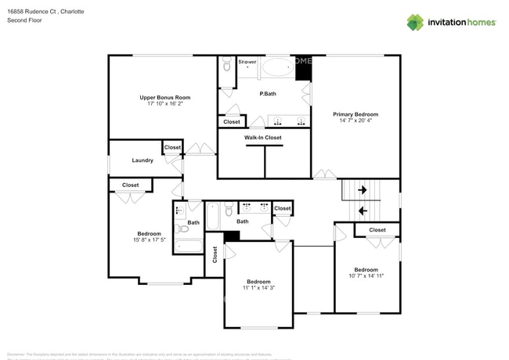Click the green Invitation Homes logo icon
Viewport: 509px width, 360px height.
414,22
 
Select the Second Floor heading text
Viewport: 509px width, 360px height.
24,20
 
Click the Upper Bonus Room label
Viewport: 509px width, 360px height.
164,98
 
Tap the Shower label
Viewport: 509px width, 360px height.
247,61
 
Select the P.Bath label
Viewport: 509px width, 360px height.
268,94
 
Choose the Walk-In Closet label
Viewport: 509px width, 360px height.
263,138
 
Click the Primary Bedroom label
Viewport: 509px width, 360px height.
356,114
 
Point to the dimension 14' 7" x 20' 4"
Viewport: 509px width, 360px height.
356,121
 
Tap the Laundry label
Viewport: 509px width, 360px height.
143,160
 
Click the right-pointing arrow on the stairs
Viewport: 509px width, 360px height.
363,189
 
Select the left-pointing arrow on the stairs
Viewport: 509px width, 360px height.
362,211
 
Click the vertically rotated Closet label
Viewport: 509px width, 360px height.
215,255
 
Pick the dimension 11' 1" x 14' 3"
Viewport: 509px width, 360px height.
258,288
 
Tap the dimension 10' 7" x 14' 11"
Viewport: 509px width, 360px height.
366,275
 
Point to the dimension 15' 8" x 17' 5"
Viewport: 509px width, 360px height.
149,239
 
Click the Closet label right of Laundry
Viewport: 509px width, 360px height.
172,147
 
